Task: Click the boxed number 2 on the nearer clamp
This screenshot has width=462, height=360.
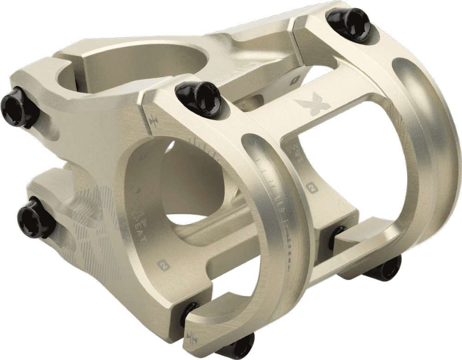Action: (162, 264)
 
